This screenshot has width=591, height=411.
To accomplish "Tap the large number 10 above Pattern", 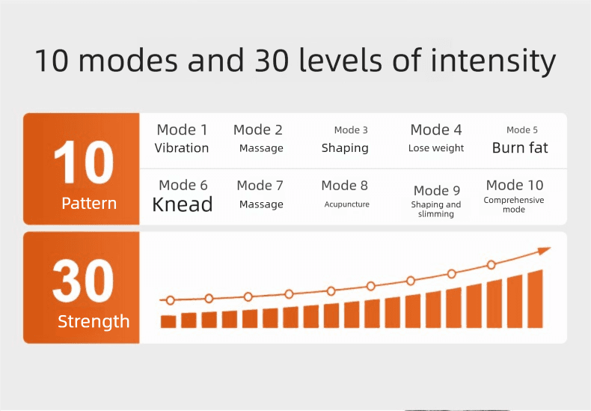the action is coord(84,162).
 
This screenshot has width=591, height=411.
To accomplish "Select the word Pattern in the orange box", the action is coord(89,204).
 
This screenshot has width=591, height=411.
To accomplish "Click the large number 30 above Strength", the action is coord(83,281).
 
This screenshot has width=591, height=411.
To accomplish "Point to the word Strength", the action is coord(94,322).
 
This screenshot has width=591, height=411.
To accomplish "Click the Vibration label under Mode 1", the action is coord(182,148).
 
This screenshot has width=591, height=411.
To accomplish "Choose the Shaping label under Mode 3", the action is coord(345,148).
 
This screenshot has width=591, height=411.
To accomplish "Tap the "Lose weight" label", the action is coord(436,148).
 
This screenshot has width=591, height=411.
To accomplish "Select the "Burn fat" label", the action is coord(520,147).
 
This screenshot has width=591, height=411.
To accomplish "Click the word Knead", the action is coord(183,204).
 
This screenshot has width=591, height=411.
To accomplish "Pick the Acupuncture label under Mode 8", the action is coord(347,204).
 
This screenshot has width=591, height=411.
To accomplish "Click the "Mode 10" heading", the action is coord(515,185).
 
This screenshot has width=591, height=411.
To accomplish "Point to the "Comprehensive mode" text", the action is coord(514,204).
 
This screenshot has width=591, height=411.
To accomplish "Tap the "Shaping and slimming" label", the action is coord(436,210).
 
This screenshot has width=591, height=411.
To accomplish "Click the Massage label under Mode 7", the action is coord(261,204).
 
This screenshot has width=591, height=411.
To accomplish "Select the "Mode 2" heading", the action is coord(258,130).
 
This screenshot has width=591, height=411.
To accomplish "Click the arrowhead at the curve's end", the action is coord(545,251).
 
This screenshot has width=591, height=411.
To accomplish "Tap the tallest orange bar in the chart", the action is coord(535,299).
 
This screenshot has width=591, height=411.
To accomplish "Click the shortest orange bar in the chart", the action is coord(168,322).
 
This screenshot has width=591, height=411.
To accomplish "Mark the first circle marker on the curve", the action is coord(171,300).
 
